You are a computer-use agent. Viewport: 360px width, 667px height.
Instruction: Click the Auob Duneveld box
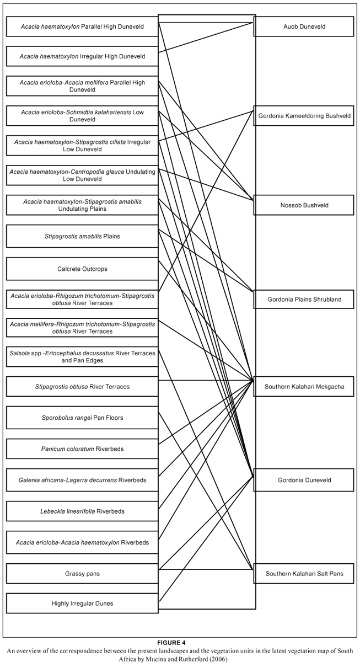[x=304, y=26]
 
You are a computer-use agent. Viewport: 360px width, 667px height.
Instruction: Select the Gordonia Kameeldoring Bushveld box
[x=304, y=116]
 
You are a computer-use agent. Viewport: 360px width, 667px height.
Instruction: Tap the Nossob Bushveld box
[x=304, y=205]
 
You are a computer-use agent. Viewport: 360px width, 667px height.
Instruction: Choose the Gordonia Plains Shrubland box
[x=304, y=300]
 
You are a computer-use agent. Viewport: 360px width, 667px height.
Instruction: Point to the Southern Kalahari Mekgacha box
[x=304, y=386]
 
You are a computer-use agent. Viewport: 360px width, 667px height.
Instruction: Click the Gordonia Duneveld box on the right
[x=304, y=480]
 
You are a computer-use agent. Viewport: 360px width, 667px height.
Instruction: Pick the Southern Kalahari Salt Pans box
[x=304, y=574]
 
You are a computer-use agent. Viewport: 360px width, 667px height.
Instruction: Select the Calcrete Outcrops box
[x=82, y=269]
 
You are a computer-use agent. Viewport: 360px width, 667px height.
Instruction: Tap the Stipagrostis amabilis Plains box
[x=82, y=236]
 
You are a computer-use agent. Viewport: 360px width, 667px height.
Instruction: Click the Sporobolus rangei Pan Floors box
[x=82, y=418]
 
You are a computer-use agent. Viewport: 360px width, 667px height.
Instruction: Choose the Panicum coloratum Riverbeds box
[x=82, y=449]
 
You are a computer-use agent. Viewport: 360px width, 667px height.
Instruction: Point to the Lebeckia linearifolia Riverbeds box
[x=82, y=511]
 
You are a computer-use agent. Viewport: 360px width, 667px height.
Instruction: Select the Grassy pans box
[x=82, y=574]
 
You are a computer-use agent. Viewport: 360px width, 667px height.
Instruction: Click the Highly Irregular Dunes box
[x=82, y=604]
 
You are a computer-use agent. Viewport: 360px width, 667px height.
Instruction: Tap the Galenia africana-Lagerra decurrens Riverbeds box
[x=82, y=480]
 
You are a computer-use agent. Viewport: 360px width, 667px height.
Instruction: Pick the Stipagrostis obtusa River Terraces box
[x=82, y=387]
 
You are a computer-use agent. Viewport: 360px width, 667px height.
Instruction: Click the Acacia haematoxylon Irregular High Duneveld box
[x=82, y=56]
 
